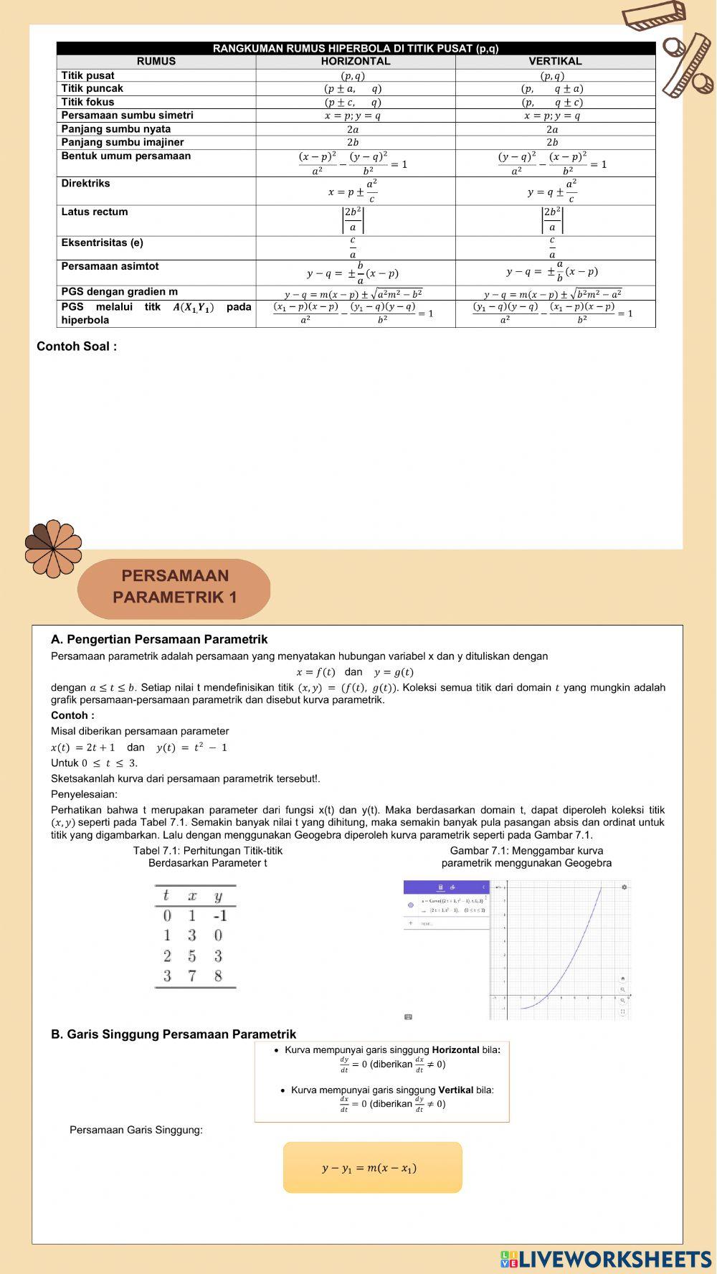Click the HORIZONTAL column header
click(356, 62)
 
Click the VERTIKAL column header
click(555, 62)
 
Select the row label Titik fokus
click(87, 102)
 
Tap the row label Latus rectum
click(94, 212)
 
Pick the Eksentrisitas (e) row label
click(102, 242)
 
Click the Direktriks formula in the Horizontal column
click(353, 191)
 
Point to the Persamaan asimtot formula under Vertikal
click(552, 272)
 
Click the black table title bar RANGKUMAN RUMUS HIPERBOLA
click(356, 48)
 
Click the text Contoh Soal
click(77, 346)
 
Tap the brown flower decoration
click(53, 549)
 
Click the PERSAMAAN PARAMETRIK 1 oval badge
click(174, 587)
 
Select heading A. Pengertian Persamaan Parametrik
click(159, 639)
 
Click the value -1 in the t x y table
click(219, 916)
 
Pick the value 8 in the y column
click(218, 976)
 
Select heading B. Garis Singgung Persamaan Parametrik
click(174, 1034)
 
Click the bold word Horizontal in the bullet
click(455, 1049)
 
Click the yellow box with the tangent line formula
click(372, 1167)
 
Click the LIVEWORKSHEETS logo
click(606, 1259)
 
